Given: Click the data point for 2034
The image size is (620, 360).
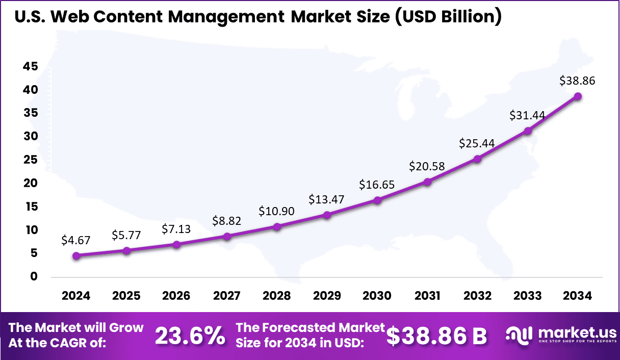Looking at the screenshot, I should pos(578,96).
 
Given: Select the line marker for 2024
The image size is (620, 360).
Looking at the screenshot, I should pos(76,255).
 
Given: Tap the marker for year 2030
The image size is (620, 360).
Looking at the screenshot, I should pos(377,200).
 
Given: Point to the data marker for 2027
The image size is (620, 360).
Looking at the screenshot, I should pos(227,236).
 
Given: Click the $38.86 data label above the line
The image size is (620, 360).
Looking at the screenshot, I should pos(577,81).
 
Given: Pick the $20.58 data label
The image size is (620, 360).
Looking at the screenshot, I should pos(427,166).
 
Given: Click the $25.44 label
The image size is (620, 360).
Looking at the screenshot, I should pos(477,143).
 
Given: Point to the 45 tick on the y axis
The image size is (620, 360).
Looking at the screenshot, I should pos(30,66).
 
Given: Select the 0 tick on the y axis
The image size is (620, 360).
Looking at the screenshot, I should pos(34,277).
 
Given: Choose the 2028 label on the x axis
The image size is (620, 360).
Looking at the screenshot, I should pos(277,296).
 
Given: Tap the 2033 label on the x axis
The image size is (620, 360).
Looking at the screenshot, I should pos(528,296).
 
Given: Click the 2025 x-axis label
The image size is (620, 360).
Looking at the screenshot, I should pos(126,296).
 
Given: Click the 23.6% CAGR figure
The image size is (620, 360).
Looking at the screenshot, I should pos(190,336).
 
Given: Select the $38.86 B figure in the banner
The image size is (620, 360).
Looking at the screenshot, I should pos(436,336).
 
